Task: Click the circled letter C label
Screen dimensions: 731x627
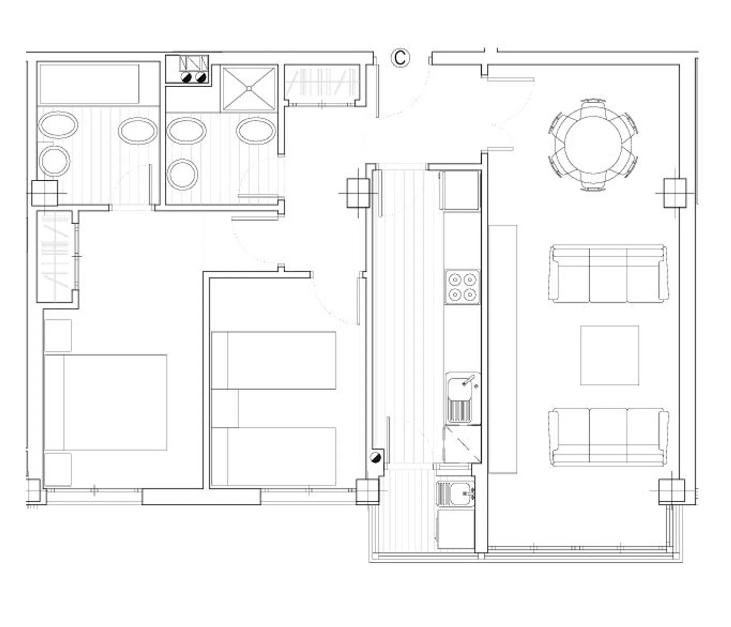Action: [x=400, y=57]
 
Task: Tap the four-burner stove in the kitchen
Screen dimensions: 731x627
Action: [x=462, y=287]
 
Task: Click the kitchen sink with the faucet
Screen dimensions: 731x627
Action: [x=462, y=398]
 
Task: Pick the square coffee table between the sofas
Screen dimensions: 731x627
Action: [x=609, y=356]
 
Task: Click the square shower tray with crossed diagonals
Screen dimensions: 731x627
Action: [x=249, y=88]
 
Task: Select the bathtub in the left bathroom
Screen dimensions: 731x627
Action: [x=89, y=84]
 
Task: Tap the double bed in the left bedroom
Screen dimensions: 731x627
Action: [x=105, y=402]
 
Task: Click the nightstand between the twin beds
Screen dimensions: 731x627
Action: [x=225, y=408]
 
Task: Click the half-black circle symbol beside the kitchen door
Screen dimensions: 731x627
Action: [x=376, y=457]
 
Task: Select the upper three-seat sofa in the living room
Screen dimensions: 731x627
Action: [x=609, y=274]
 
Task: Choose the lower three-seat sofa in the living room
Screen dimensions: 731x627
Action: [x=609, y=437]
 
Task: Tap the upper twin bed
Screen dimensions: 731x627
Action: [x=273, y=361]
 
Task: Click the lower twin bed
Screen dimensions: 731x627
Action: [x=273, y=456]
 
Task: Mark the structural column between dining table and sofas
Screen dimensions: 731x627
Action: [x=675, y=193]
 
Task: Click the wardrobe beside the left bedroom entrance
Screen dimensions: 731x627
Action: [x=57, y=256]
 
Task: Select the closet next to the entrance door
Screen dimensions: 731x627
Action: [x=323, y=85]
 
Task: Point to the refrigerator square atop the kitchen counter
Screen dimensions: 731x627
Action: [x=460, y=190]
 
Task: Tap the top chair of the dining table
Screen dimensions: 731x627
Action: [x=593, y=106]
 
